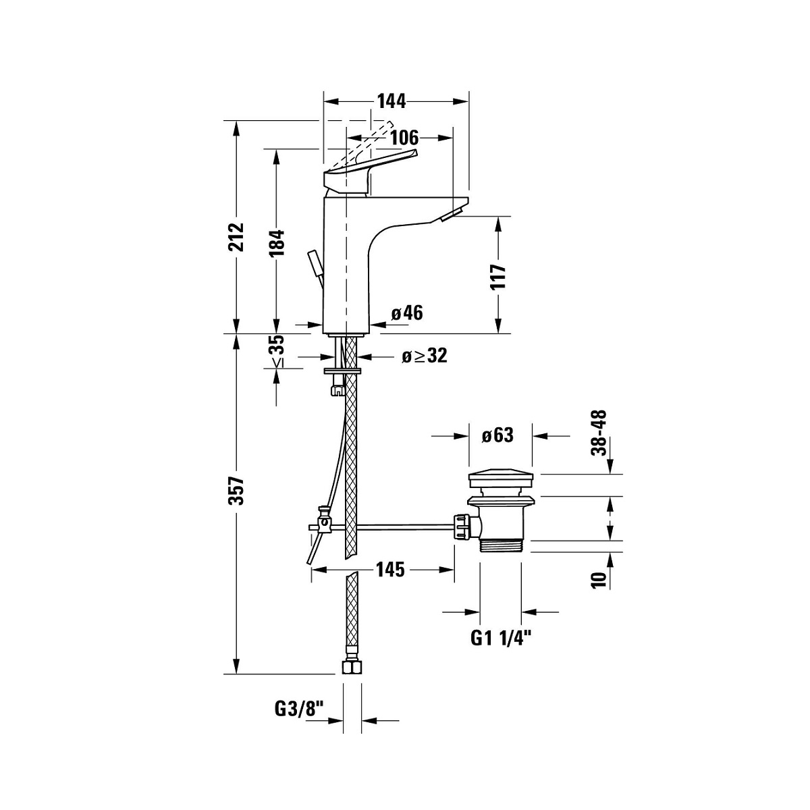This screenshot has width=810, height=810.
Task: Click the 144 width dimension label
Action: coord(391,101)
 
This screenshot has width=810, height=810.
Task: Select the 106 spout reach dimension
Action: coord(404,138)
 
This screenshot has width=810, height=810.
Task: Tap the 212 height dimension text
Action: coord(236,237)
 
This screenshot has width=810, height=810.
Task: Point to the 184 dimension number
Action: coord(277,242)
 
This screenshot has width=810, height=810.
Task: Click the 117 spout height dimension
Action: coord(498,276)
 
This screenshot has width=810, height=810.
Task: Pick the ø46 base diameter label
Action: coord(407,313)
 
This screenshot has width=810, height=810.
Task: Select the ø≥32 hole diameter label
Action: coord(424,356)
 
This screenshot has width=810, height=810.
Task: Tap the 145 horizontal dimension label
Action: coord(390,570)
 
